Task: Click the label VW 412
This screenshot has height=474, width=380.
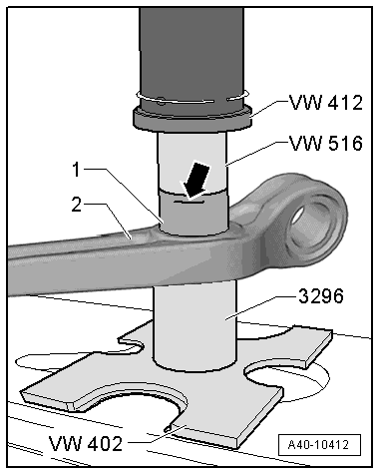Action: (x=323, y=102)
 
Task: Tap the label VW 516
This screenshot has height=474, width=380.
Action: (x=323, y=143)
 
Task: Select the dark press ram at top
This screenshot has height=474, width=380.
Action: (x=193, y=50)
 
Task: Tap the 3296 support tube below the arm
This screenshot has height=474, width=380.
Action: (x=193, y=309)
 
